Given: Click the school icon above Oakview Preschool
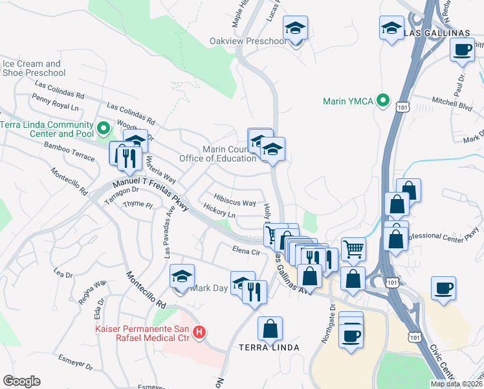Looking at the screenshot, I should point(296,29).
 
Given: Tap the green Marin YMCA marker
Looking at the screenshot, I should point(384,100).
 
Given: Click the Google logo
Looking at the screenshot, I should point(21,381).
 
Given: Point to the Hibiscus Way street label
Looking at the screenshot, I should point(236,203).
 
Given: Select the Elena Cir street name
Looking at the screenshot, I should point(246,251).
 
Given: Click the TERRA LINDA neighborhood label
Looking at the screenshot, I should point(270,348).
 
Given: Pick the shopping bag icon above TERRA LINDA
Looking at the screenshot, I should point(270,329).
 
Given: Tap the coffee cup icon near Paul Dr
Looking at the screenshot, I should point(462,50).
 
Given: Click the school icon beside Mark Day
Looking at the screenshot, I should point(182,276).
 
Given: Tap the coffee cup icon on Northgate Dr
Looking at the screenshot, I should point(351,336).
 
